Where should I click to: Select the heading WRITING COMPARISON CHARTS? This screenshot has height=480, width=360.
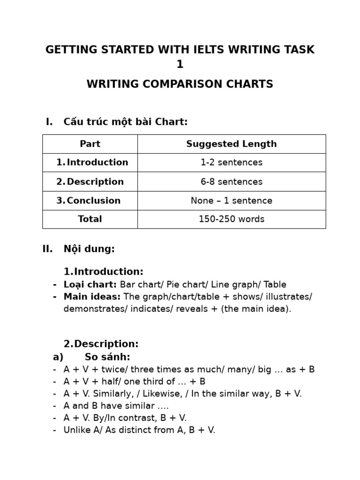point(180,84)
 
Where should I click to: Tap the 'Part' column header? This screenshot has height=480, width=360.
point(90,144)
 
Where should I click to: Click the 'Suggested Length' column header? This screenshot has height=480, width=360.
point(232,144)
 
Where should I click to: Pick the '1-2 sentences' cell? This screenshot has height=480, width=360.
point(232,163)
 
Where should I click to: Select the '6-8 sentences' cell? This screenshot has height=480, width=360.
point(232,182)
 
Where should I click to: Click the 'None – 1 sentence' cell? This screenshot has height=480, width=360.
point(232,201)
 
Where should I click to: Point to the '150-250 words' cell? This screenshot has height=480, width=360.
point(232,219)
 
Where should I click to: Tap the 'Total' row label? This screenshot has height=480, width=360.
point(90,219)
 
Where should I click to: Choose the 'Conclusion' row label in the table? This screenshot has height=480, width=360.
point(93,201)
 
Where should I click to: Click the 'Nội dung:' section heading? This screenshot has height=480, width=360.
point(89,249)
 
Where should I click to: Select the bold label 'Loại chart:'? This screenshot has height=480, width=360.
point(90,285)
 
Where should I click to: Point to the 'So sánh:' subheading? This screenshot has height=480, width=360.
point(107,357)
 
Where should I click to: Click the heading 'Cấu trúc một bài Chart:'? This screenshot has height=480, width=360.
point(125,122)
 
